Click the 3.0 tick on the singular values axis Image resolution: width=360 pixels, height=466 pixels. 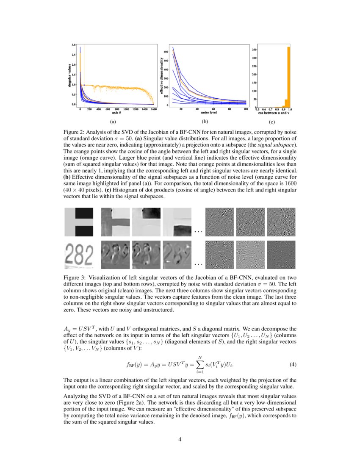[74, 44]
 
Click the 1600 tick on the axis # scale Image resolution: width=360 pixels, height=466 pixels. [153, 109]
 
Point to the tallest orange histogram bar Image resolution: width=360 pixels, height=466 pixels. [289, 77]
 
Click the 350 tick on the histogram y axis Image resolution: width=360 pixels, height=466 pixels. [255, 50]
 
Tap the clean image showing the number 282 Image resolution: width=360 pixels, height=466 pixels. [78, 255]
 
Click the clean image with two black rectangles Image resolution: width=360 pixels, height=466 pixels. [78, 222]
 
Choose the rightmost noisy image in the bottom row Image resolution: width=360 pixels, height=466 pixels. [281, 255]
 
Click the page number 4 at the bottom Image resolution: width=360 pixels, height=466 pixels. [180, 439]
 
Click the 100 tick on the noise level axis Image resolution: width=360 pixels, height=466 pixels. [246, 109]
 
